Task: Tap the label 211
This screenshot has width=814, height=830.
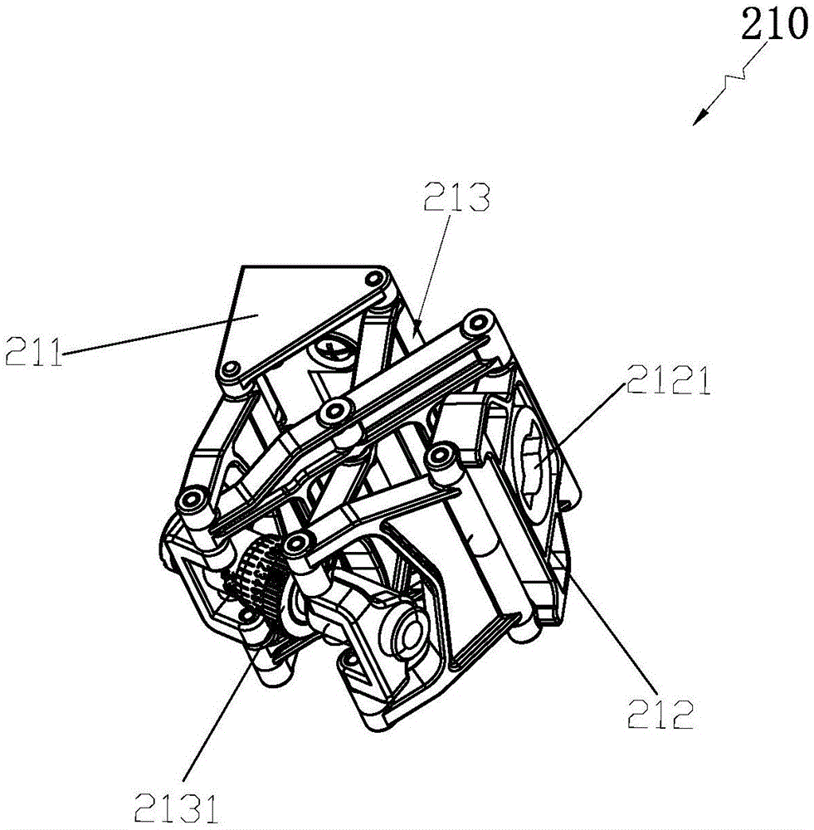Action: (34, 351)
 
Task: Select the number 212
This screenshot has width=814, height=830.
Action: (660, 714)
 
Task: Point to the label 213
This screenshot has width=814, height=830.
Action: (456, 197)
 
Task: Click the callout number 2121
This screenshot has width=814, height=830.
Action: (669, 379)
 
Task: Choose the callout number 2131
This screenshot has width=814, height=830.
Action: (176, 808)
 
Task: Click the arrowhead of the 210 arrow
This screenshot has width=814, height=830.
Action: (700, 118)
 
